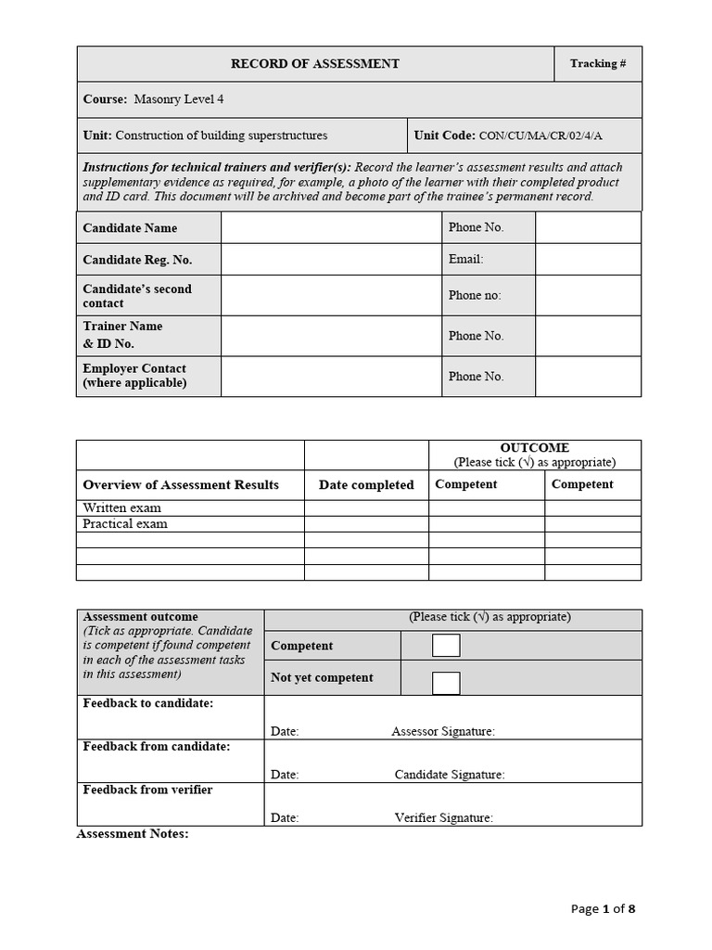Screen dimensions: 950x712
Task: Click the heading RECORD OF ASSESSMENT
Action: point(314,64)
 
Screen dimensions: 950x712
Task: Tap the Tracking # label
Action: point(597,64)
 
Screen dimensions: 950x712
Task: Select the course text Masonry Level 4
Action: point(178,99)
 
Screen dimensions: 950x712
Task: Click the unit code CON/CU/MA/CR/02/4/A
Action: point(540,135)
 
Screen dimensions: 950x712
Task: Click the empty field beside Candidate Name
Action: point(331,228)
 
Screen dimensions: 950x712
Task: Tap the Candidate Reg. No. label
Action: point(137,260)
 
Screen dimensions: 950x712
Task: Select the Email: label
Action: point(465,260)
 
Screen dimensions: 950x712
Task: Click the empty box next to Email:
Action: point(588,260)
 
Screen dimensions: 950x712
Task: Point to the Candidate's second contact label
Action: point(137,296)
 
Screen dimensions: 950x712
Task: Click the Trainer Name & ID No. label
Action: point(122,335)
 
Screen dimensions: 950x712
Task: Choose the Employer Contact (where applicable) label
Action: point(134,376)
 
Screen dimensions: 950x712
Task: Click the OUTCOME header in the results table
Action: point(534,448)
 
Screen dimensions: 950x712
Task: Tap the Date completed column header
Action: point(366,485)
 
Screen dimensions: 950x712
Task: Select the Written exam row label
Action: point(121,508)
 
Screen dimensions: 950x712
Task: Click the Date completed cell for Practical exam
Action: point(366,524)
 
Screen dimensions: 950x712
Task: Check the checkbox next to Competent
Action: point(446,646)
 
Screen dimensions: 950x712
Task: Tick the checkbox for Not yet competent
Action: point(446,683)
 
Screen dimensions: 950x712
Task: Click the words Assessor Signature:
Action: point(443,732)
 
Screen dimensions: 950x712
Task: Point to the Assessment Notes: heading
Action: point(133,834)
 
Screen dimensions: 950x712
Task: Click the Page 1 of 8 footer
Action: point(604,909)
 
